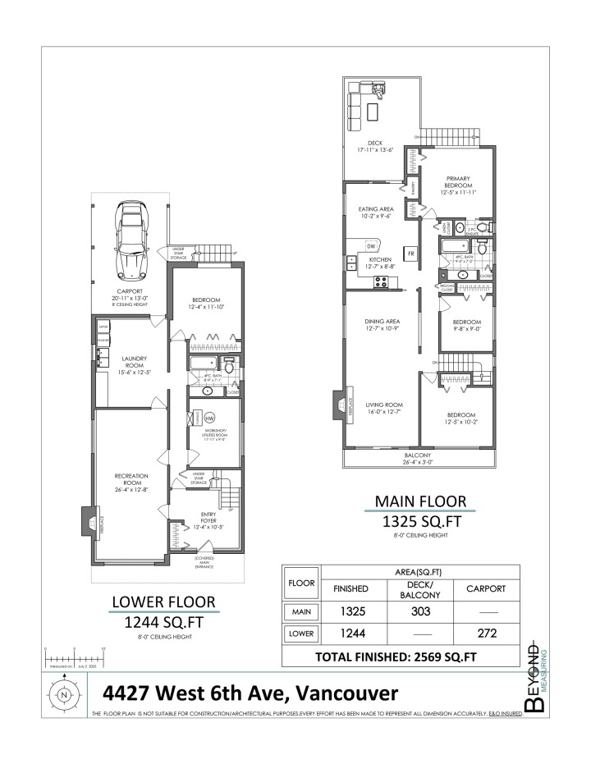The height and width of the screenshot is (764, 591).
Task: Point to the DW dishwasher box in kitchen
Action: point(371,245)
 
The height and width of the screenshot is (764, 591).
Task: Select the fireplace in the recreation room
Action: point(90,521)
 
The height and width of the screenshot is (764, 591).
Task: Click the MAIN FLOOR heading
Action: point(420,500)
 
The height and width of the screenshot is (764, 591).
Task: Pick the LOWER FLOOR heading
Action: point(163,604)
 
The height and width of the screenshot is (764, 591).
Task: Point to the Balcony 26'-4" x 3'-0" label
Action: point(419,459)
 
